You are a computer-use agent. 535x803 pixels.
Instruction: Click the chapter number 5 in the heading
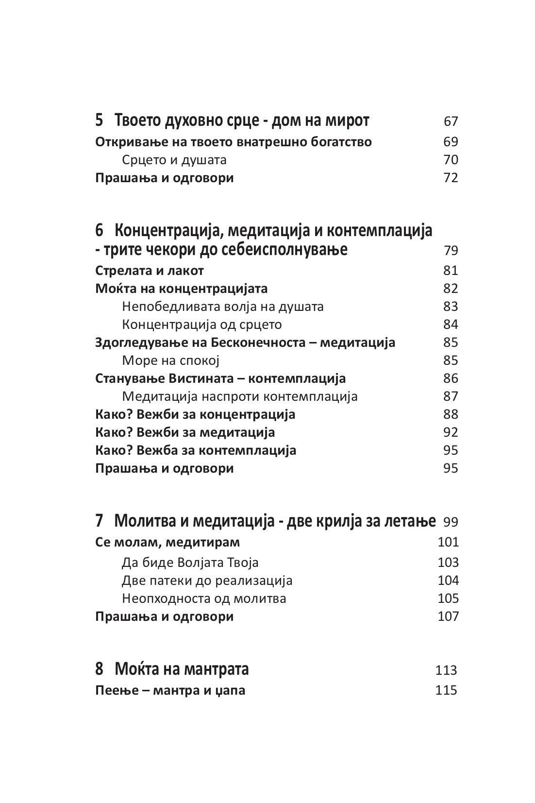[100, 120]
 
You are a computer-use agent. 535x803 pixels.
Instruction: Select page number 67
[451, 121]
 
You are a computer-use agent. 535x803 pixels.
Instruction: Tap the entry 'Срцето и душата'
[174, 160]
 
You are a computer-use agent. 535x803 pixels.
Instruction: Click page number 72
[451, 178]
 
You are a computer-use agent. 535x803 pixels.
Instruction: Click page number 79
[451, 251]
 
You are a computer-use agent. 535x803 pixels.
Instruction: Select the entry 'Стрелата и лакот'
[150, 271]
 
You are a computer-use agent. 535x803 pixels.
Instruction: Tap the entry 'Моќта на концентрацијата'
[182, 289]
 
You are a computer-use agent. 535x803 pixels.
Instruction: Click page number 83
[451, 307]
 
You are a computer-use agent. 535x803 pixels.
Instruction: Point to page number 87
[451, 396]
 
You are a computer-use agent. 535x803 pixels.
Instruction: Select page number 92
[451, 432]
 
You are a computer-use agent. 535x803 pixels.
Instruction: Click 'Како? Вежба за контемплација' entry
[196, 450]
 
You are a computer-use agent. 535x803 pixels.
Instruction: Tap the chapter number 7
[100, 521]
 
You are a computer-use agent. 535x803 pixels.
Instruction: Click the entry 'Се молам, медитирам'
[167, 542]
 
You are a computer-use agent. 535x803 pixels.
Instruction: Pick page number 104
[448, 581]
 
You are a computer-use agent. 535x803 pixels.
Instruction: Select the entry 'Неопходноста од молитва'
[204, 598]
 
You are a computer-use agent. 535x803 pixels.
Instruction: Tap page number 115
[447, 690]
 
